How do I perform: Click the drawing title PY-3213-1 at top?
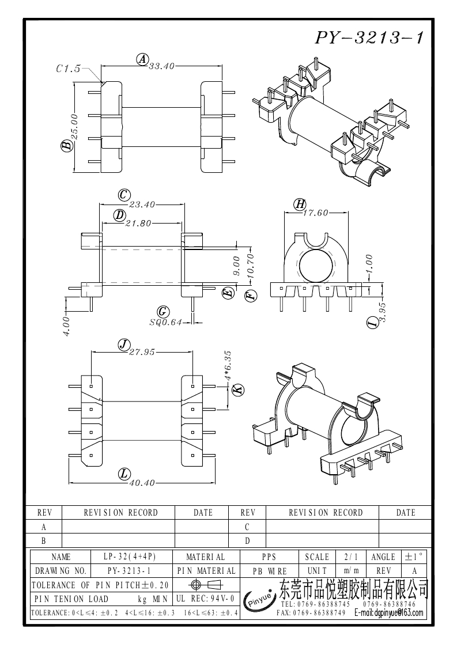click(369, 37)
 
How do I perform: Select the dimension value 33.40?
click(161, 66)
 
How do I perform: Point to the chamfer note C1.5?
click(69, 69)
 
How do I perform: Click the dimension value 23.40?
click(142, 205)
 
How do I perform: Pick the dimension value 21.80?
click(138, 223)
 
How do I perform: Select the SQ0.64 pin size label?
click(165, 322)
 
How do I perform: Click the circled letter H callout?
click(300, 204)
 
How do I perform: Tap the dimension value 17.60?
click(315, 213)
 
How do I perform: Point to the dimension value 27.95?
click(142, 352)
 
